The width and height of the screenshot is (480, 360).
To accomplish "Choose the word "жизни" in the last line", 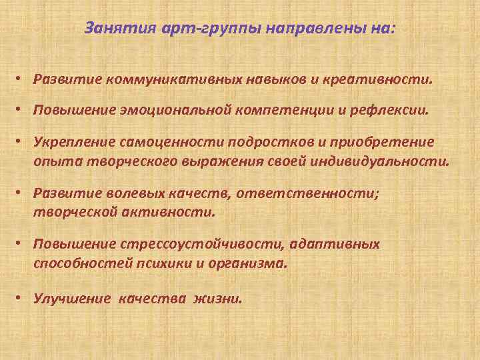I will point(217,299).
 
